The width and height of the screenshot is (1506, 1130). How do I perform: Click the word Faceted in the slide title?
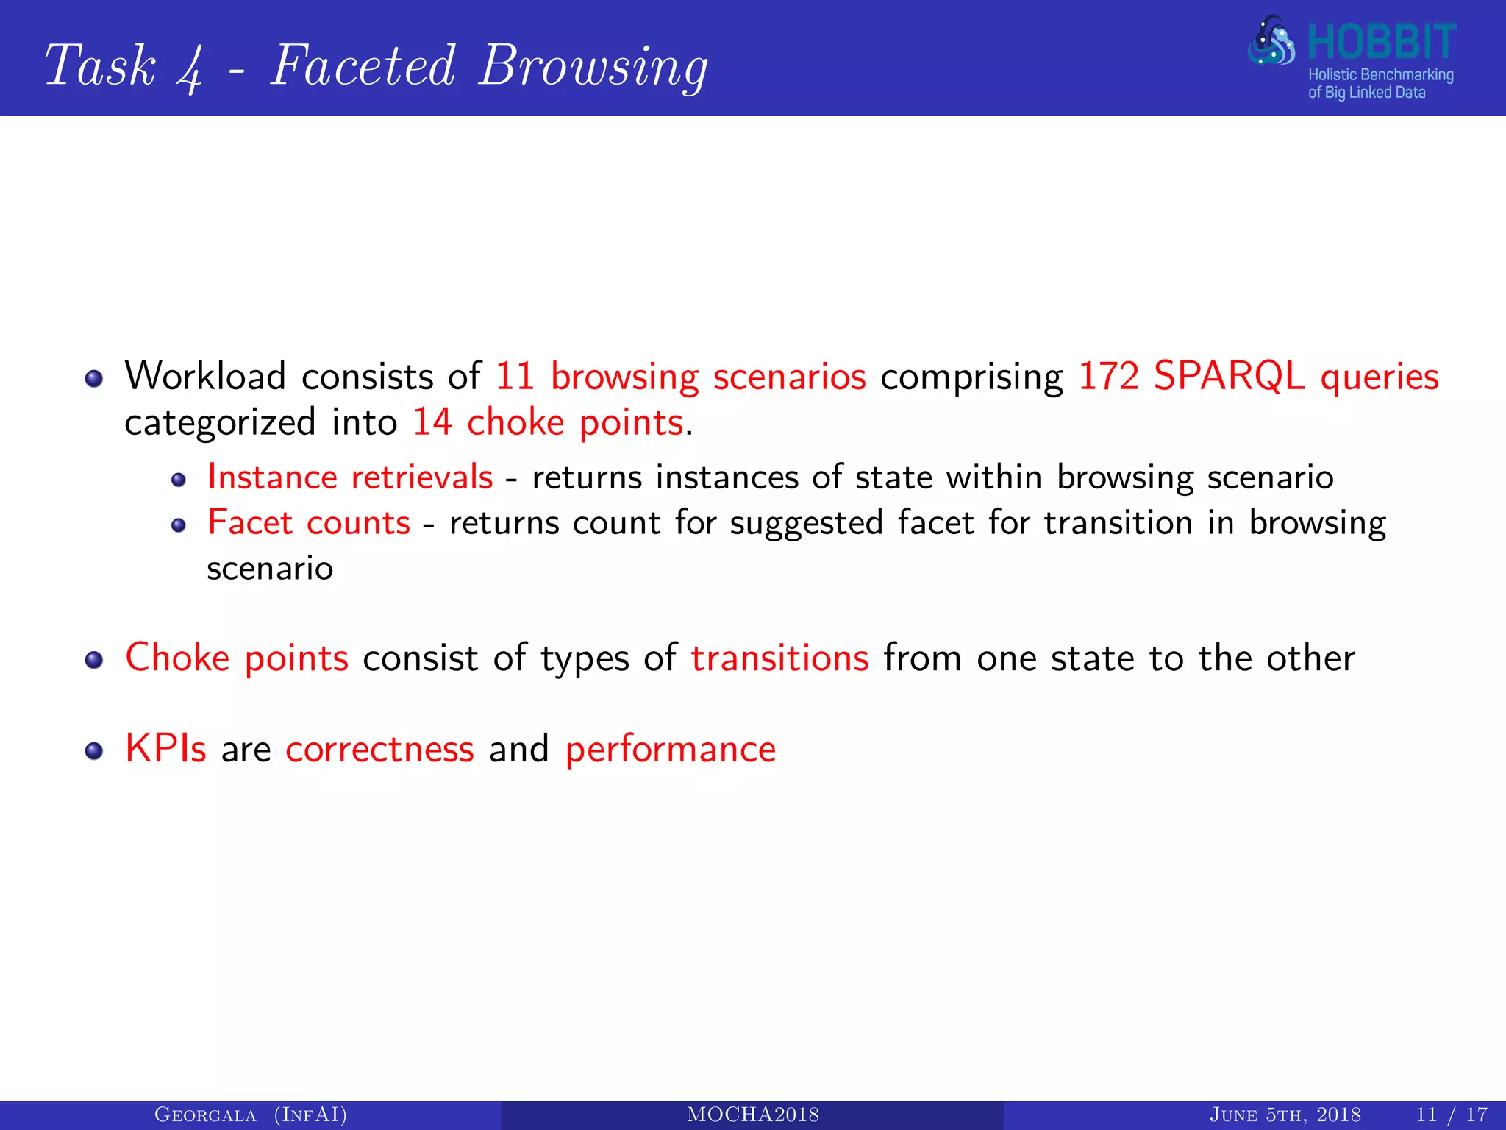[363, 66]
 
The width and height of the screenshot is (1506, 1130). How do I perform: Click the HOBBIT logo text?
[1382, 42]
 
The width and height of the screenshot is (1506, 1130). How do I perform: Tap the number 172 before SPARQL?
[1108, 377]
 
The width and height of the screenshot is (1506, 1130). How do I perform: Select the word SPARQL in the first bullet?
[1229, 377]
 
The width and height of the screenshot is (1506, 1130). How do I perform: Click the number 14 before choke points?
[432, 423]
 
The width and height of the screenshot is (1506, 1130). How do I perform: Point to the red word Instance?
[272, 477]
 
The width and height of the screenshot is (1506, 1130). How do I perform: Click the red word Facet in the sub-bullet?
[250, 523]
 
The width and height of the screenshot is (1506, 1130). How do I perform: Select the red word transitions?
[779, 658]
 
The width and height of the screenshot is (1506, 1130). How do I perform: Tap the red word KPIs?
[165, 749]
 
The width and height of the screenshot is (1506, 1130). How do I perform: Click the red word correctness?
[379, 750]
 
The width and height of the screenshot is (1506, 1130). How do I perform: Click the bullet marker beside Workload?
[93, 379]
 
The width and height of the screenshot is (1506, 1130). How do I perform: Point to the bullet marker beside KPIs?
[93, 751]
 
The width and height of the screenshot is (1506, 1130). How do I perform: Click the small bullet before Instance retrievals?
[179, 480]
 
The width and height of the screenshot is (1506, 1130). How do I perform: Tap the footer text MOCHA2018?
[752, 1115]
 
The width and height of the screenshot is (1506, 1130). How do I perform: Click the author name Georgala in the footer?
[205, 1115]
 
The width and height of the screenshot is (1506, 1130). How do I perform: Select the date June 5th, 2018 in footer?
[1285, 1115]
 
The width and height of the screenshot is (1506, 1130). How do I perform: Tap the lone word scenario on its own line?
[270, 569]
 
